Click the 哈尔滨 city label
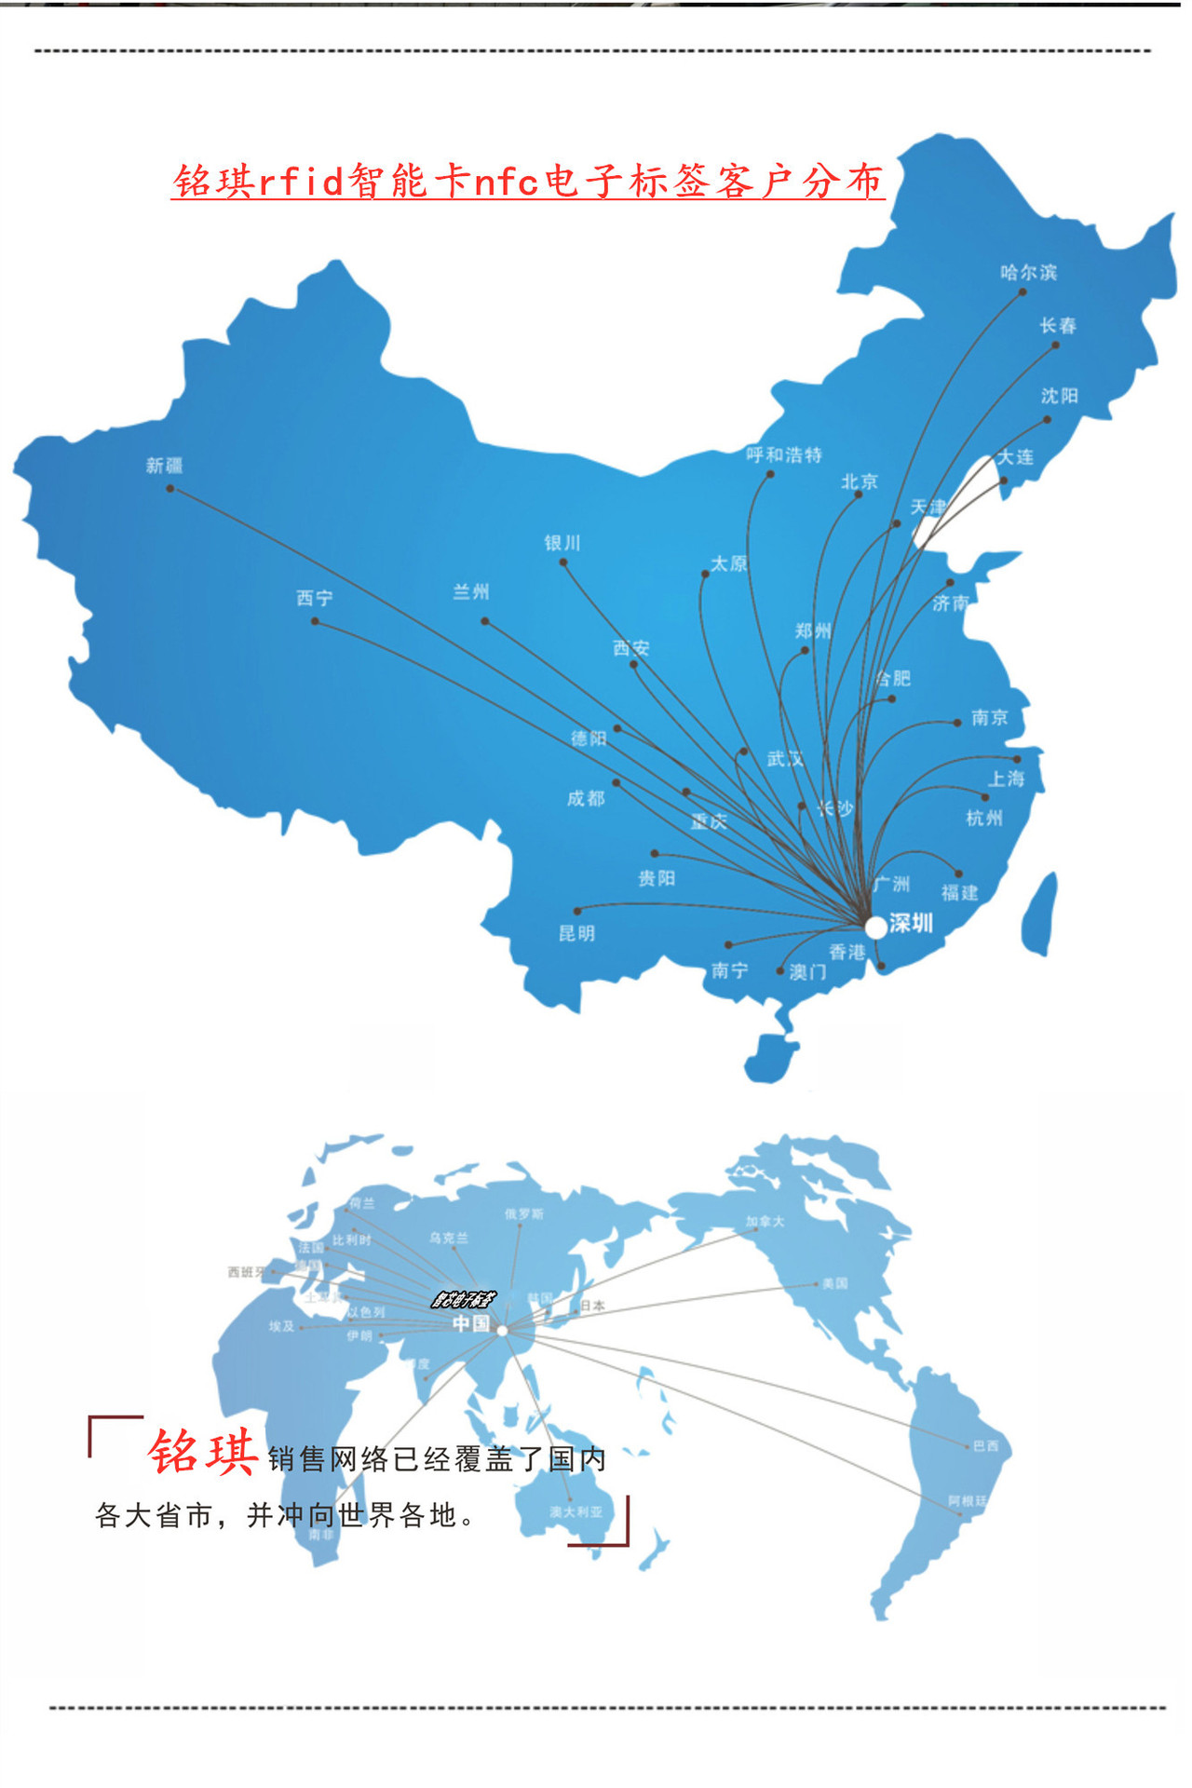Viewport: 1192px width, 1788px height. pos(1028,272)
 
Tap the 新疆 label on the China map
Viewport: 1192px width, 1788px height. pos(164,465)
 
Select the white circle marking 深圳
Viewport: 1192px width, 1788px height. pos(875,927)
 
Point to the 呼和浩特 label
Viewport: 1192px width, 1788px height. pos(784,454)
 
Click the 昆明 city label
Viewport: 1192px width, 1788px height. pos(576,933)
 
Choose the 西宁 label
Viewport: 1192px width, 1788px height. pos(315,598)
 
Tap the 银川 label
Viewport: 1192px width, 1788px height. pos(562,542)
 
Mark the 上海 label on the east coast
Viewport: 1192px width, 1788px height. pos(1006,779)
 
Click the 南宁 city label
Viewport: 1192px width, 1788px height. pos(729,970)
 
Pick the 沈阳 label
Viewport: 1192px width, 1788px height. pos(1059,396)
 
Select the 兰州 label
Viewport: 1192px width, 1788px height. pos(471,591)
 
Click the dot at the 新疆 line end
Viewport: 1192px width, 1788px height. pos(170,488)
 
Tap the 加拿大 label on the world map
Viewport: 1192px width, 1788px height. pos(765,1222)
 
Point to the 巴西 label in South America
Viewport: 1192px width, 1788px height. pos(985,1445)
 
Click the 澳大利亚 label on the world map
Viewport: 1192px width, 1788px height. pos(576,1511)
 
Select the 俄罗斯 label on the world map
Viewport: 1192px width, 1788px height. pos(523,1214)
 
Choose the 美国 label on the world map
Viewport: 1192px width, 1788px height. pos(834,1283)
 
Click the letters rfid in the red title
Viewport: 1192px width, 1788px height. pos(301,181)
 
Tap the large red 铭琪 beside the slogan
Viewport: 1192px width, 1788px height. pos(203,1452)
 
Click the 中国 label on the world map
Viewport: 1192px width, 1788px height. pos(471,1323)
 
